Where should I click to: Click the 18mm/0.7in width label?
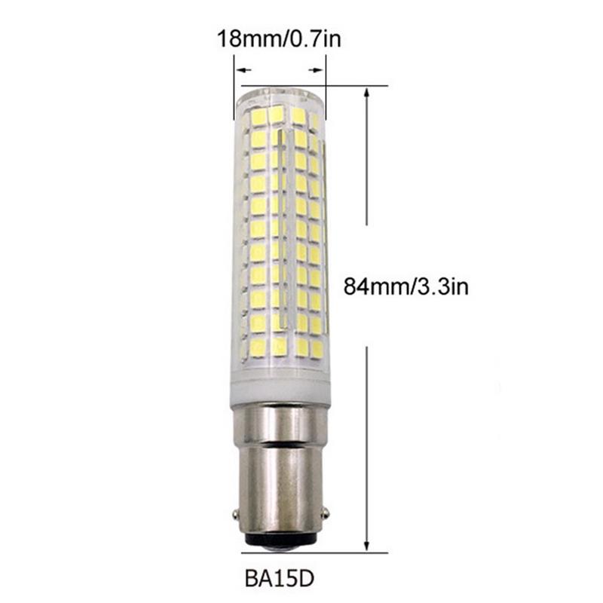[279, 39]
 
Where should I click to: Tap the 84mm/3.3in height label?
[406, 286]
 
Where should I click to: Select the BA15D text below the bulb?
[280, 578]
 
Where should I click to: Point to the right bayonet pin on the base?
[326, 513]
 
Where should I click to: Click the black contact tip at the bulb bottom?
[280, 541]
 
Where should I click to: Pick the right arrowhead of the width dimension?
[317, 70]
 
